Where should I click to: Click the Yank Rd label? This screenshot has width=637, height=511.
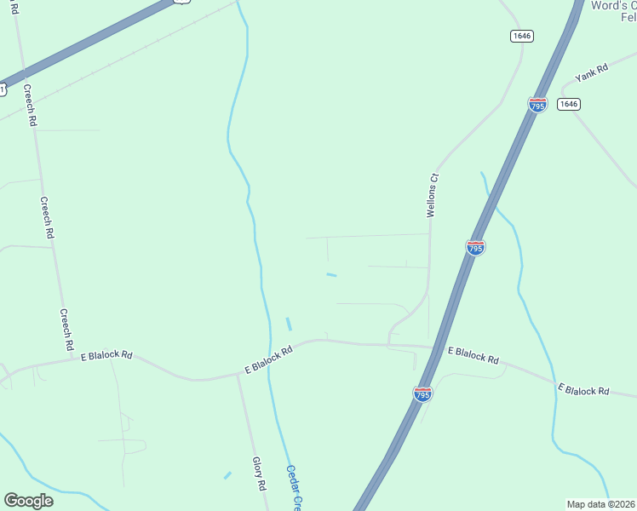click(x=591, y=72)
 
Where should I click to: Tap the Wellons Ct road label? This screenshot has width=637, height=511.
click(x=433, y=196)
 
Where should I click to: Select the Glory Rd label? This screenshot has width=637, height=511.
click(x=260, y=474)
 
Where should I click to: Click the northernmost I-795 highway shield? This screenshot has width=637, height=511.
click(x=537, y=105)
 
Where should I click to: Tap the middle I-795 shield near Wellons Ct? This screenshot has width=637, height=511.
click(x=476, y=247)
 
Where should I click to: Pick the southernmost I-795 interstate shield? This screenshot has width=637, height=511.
click(x=422, y=393)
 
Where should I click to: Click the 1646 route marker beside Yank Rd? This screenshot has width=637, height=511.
click(x=569, y=104)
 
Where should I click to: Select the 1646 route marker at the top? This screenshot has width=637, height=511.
click(x=522, y=36)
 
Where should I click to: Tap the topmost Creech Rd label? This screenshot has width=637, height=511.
click(x=31, y=106)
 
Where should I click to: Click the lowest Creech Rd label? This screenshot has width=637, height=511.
click(x=66, y=330)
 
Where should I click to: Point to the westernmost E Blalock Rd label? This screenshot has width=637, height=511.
click(x=106, y=355)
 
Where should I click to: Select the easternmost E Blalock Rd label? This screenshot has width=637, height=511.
click(x=584, y=390)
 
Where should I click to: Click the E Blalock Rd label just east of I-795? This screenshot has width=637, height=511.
click(x=473, y=355)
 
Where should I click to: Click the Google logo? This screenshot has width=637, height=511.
click(x=28, y=501)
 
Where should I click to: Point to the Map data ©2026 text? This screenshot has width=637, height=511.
click(x=600, y=504)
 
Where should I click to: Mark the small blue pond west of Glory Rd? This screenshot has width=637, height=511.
click(x=227, y=475)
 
